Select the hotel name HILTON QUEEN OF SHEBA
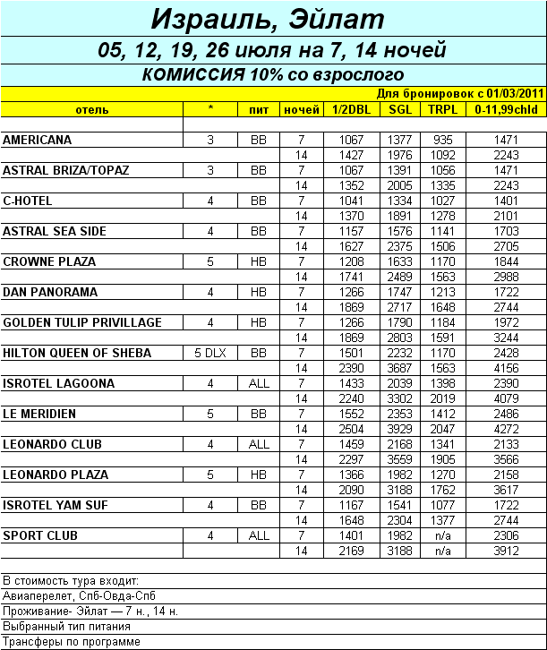(x=78, y=353)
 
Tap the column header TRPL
(x=441, y=110)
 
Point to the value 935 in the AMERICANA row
(x=442, y=141)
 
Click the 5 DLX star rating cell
(x=210, y=353)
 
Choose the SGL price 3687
(x=399, y=368)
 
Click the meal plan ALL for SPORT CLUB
(x=259, y=535)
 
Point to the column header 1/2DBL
(x=350, y=110)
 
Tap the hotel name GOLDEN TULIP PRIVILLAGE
(x=82, y=322)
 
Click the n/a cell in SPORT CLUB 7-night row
(x=442, y=535)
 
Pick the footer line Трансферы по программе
(x=72, y=642)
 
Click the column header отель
(x=92, y=110)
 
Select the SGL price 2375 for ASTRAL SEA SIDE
(x=399, y=246)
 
